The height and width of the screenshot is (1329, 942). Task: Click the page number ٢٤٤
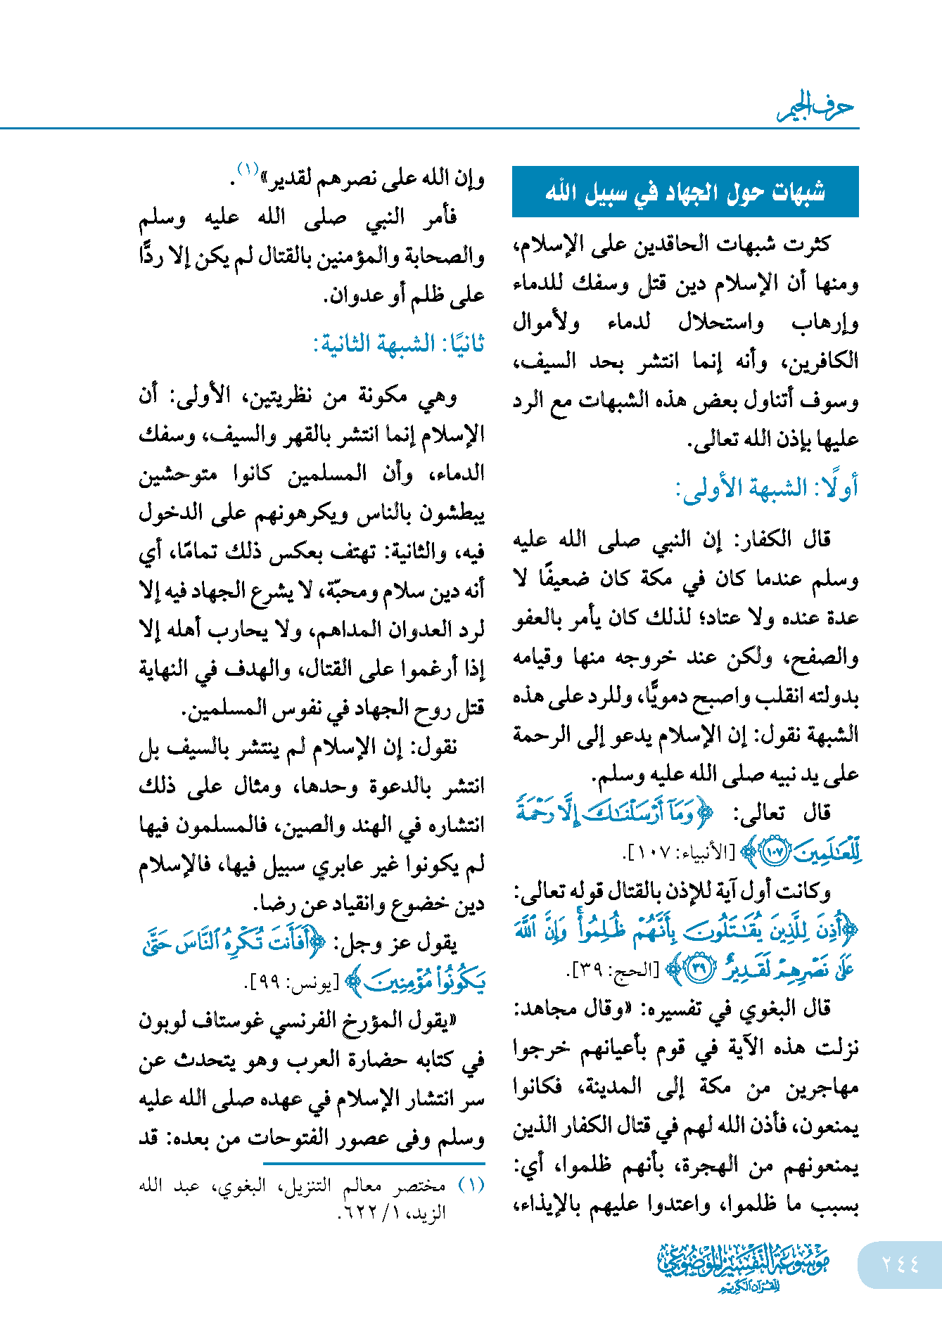pos(900,1264)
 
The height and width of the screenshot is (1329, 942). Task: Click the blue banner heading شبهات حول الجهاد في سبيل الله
pos(685,192)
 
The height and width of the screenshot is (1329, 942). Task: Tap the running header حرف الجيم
pos(815,107)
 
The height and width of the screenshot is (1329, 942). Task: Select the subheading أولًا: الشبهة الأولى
pos(767,487)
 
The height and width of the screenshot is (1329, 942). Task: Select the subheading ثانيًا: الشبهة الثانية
pos(399,345)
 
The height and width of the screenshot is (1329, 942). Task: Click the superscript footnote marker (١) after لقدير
pos(248,169)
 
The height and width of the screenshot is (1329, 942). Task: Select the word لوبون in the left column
pos(164,1020)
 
